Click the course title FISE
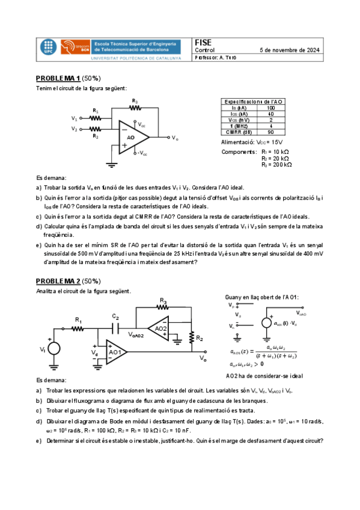[204, 42]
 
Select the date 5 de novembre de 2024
[289, 50]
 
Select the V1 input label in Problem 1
[74, 118]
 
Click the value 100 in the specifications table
[271, 108]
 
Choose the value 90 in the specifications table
[271, 132]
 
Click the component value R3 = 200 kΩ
[276, 164]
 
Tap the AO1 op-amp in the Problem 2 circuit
[116, 351]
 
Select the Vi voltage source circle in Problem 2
[54, 348]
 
